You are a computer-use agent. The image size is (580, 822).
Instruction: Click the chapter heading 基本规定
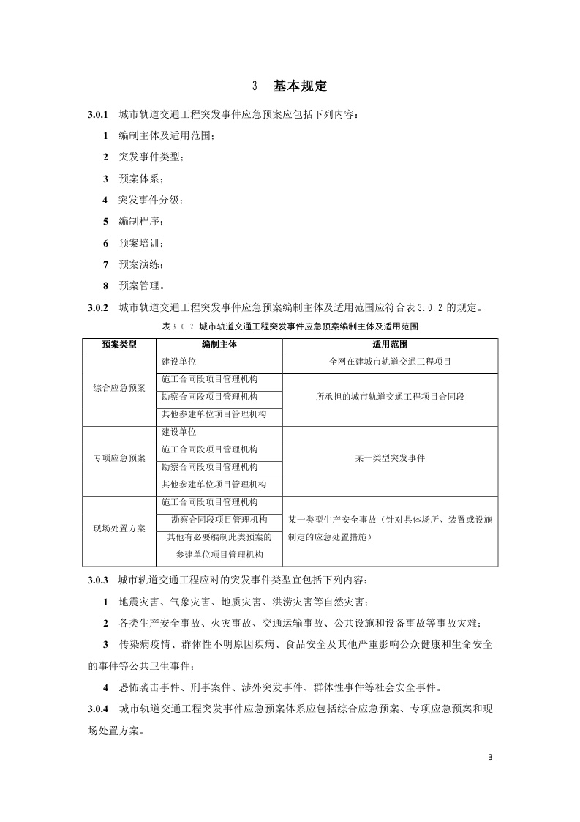click(x=300, y=86)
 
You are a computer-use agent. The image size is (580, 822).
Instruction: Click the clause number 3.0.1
click(x=98, y=115)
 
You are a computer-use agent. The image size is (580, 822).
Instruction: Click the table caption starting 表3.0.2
click(x=290, y=326)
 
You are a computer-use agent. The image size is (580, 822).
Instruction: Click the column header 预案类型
click(x=119, y=344)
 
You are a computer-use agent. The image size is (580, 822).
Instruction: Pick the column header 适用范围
click(x=390, y=344)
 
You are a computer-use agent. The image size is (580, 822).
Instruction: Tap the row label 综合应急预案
click(x=119, y=387)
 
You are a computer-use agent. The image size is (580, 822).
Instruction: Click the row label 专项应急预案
click(x=119, y=458)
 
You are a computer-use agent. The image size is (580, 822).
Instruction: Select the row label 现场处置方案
click(x=119, y=528)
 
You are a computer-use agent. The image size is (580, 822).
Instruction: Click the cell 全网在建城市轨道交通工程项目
click(x=390, y=362)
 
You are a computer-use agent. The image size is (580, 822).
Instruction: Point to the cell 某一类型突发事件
click(x=390, y=458)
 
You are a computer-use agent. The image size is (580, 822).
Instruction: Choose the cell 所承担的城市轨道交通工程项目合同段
click(x=390, y=397)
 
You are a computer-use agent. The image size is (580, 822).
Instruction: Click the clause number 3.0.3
click(x=98, y=580)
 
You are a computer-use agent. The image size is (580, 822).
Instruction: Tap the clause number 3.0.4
click(x=98, y=709)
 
